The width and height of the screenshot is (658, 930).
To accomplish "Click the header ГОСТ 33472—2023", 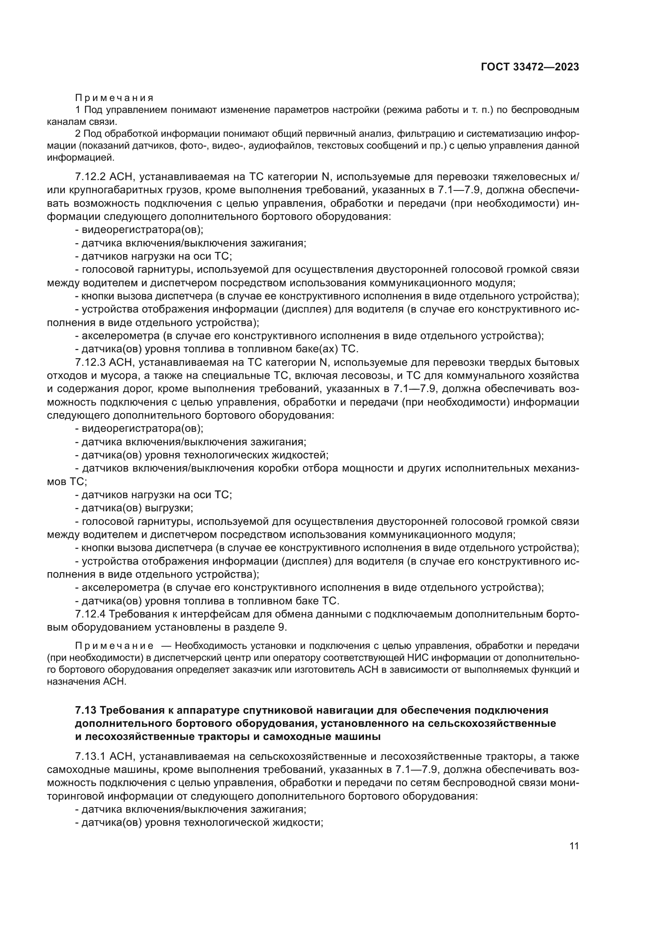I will coord(530,67).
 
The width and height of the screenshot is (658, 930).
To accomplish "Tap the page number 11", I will coord(574,846).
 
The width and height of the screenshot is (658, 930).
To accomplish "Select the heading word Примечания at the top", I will coord(114,98).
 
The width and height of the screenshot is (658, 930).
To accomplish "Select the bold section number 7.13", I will coord(86,710).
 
